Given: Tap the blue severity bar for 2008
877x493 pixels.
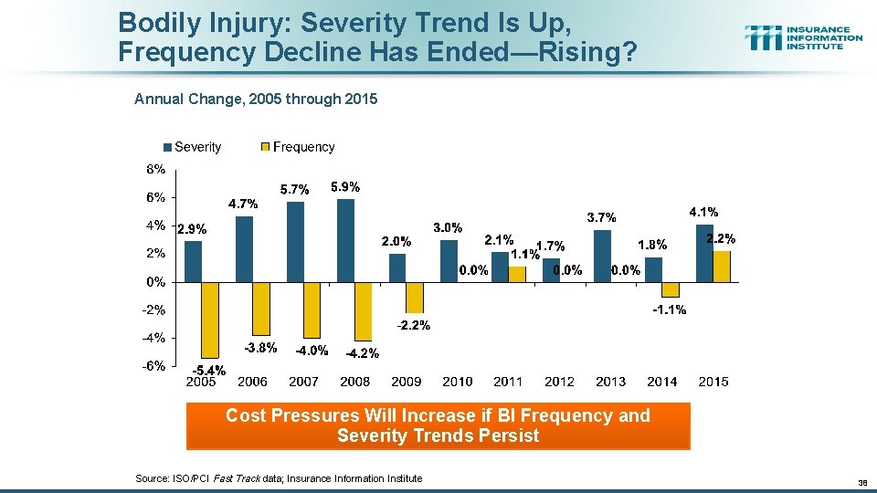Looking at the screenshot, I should (x=345, y=240).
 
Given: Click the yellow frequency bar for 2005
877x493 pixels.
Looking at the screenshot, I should (x=210, y=320).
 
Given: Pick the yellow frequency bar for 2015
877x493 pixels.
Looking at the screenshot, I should (x=721, y=266).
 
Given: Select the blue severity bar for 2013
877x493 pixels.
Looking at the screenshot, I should (x=602, y=256).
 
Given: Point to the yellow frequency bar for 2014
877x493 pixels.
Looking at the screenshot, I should (x=670, y=289).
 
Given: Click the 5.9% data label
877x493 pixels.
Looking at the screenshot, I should (x=345, y=187).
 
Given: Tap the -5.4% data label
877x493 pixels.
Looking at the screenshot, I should (x=207, y=370).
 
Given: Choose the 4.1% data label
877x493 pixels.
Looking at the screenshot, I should (x=703, y=212).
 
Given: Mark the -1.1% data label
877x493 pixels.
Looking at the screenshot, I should (x=670, y=310).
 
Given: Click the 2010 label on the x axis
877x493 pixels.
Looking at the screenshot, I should (x=457, y=382).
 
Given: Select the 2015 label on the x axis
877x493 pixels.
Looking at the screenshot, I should (x=713, y=382).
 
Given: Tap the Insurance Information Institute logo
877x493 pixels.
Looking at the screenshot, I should (x=803, y=37).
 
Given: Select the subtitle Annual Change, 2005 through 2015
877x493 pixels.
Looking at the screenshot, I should (x=255, y=99).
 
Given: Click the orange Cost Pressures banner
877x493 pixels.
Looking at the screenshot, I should (x=438, y=425).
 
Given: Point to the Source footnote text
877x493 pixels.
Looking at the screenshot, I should (x=278, y=478).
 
